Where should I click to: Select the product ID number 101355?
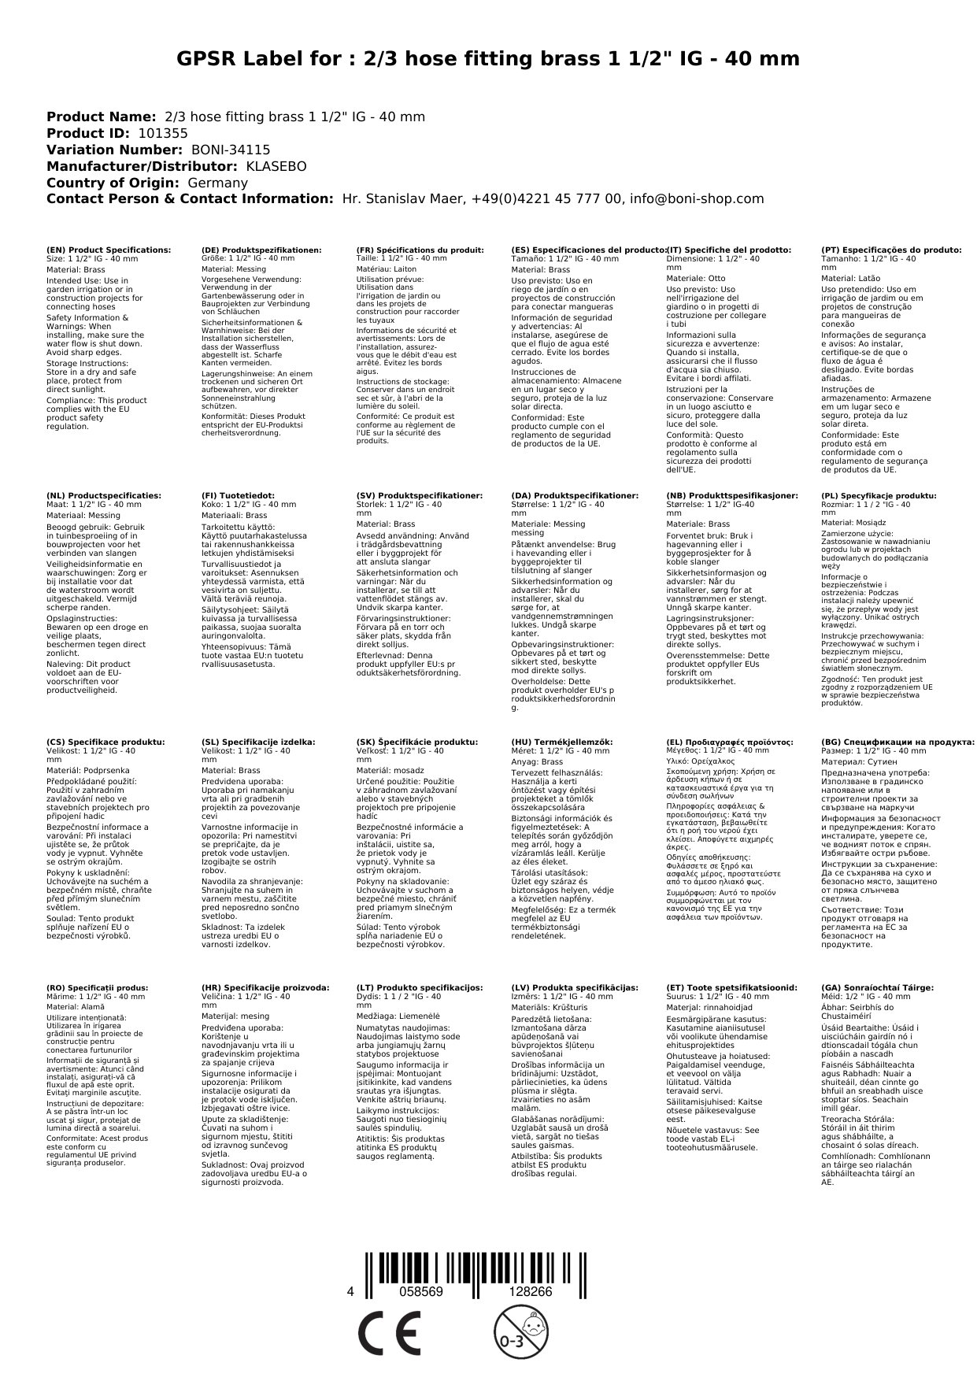(x=163, y=133)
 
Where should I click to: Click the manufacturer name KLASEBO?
(x=276, y=166)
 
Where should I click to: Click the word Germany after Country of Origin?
(x=218, y=183)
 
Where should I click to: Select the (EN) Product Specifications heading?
(x=109, y=250)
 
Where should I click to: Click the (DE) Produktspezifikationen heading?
(x=261, y=250)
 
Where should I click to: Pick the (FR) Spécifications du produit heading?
(x=420, y=250)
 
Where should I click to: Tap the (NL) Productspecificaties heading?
(x=104, y=496)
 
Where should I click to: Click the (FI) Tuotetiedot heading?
(x=239, y=496)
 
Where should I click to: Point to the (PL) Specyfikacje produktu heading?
(x=879, y=496)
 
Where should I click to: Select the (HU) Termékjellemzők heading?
(x=561, y=742)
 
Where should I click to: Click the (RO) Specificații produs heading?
(x=98, y=987)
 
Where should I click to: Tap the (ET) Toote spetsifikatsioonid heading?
(x=731, y=987)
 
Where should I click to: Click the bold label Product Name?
(x=102, y=117)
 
